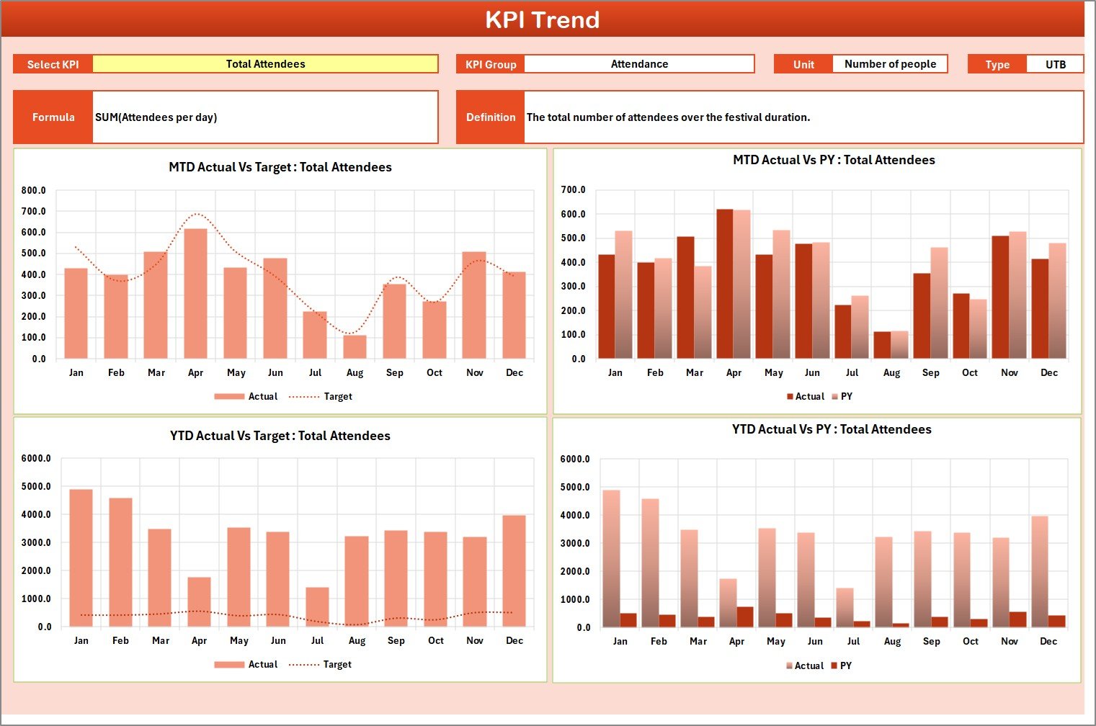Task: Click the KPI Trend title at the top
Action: [542, 19]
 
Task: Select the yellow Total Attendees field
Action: [265, 64]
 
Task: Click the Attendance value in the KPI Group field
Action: [639, 64]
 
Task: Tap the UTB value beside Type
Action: [1055, 64]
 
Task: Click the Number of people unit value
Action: [890, 64]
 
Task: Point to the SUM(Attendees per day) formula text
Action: [156, 117]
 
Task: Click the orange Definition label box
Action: [491, 117]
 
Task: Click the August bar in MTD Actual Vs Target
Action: [355, 347]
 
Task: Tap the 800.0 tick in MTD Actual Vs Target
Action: [34, 191]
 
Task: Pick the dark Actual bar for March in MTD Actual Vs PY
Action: [685, 297]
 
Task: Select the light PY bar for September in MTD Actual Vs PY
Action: [939, 303]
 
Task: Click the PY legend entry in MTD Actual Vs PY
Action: [842, 397]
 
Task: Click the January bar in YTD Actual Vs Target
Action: [81, 558]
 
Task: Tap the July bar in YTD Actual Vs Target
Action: [317, 607]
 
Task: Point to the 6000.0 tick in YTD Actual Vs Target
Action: [36, 459]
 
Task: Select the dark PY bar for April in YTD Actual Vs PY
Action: [745, 617]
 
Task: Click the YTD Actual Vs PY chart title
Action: [832, 430]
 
